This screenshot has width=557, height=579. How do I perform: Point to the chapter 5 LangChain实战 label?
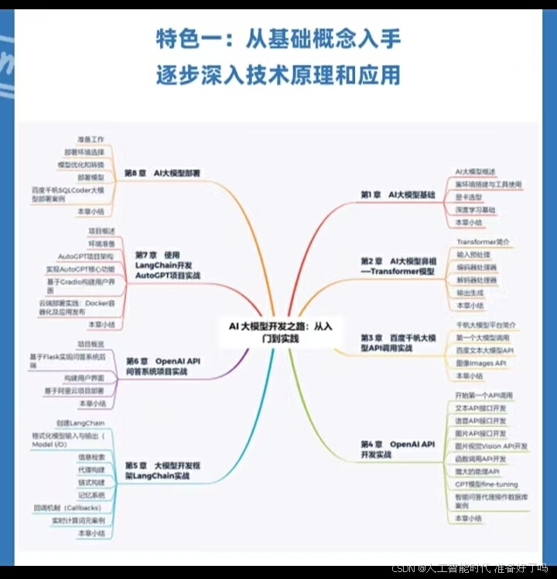pos(162,471)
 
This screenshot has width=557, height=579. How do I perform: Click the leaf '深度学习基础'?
pos(476,210)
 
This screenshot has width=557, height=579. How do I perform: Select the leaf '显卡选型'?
pos(469,197)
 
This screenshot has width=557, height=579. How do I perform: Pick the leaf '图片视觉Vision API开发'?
pos(491,446)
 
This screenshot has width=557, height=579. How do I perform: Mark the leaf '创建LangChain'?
pos(80,424)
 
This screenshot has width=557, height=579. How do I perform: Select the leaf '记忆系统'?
pos(91,495)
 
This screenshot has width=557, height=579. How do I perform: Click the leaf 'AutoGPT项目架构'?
pos(86,256)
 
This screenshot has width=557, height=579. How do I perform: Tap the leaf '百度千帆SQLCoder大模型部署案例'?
pos(67,193)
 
